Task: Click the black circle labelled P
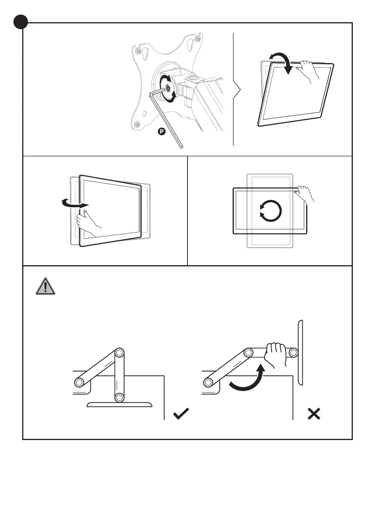162,131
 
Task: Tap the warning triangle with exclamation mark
46,287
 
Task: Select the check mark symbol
181,413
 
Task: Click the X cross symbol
314,414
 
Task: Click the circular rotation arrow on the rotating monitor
270,211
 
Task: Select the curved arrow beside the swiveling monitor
74,203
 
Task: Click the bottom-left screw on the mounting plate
137,125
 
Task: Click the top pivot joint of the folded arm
119,354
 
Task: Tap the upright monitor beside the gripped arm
300,352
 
